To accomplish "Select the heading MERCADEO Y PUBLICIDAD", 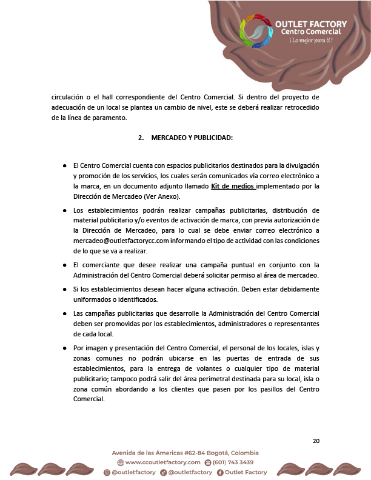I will pos(192,138).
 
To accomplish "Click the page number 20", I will pos(316,441).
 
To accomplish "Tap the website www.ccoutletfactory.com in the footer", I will pos(162,462).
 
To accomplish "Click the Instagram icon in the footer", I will pos(107,472).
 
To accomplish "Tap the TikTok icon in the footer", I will pos(164,472).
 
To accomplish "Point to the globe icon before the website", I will pos(120,462).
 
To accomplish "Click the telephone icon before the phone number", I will pos(208,462).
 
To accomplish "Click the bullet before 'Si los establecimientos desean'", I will pos(65,290).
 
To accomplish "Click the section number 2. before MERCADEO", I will pos(141,138).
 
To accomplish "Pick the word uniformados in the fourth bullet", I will pos(94,299).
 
